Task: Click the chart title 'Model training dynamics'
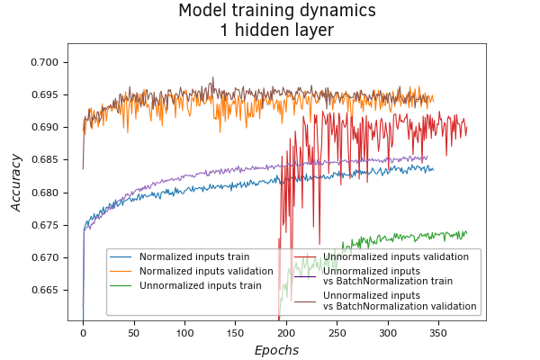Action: (x=276, y=12)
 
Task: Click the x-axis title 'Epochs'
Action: (x=276, y=350)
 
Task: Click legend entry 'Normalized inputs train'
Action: (x=194, y=256)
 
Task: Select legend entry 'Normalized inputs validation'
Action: (x=206, y=271)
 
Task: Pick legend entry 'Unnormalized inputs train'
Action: (x=201, y=285)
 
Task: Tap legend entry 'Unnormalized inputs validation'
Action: (x=396, y=256)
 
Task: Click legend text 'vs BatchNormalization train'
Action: (x=388, y=281)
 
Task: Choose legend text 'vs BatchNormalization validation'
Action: (x=400, y=306)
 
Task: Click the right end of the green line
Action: (x=467, y=232)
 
